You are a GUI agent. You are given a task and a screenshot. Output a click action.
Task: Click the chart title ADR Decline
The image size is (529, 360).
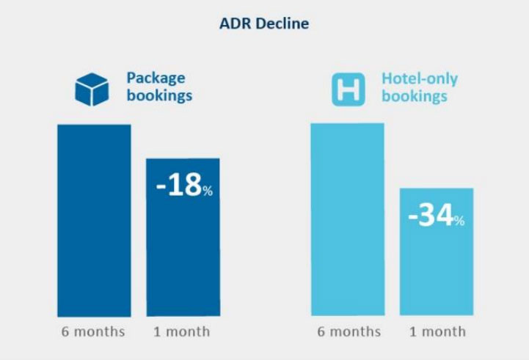pos(264,23)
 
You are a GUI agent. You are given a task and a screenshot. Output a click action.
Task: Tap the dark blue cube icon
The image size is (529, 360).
pos(92,89)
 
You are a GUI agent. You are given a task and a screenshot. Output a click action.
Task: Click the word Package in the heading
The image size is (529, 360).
pos(156,78)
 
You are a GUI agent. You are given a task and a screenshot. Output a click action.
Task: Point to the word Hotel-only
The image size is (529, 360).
pos(419,78)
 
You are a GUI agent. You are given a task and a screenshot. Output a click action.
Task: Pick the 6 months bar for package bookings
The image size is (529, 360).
pos(94,220)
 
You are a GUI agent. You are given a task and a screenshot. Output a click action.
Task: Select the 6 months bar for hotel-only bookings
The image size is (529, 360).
pos(347,220)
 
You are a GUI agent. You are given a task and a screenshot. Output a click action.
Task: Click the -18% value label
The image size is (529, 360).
pos(184,185)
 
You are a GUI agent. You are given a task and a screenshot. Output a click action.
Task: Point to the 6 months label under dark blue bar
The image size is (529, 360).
pos(93,331)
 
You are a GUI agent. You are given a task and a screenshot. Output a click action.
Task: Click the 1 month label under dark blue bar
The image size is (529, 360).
pos(181,331)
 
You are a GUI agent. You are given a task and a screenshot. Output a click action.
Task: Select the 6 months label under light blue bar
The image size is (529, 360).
pos(349,331)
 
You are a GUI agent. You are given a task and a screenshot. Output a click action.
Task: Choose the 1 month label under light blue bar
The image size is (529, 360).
pos(437,331)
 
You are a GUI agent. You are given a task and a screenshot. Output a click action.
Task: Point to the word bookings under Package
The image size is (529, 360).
pos(159,95)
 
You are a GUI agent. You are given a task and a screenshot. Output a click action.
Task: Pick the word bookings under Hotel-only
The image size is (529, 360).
pos(415,96)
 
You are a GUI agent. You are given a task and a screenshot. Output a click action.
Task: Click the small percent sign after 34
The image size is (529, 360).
pos(459,221)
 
